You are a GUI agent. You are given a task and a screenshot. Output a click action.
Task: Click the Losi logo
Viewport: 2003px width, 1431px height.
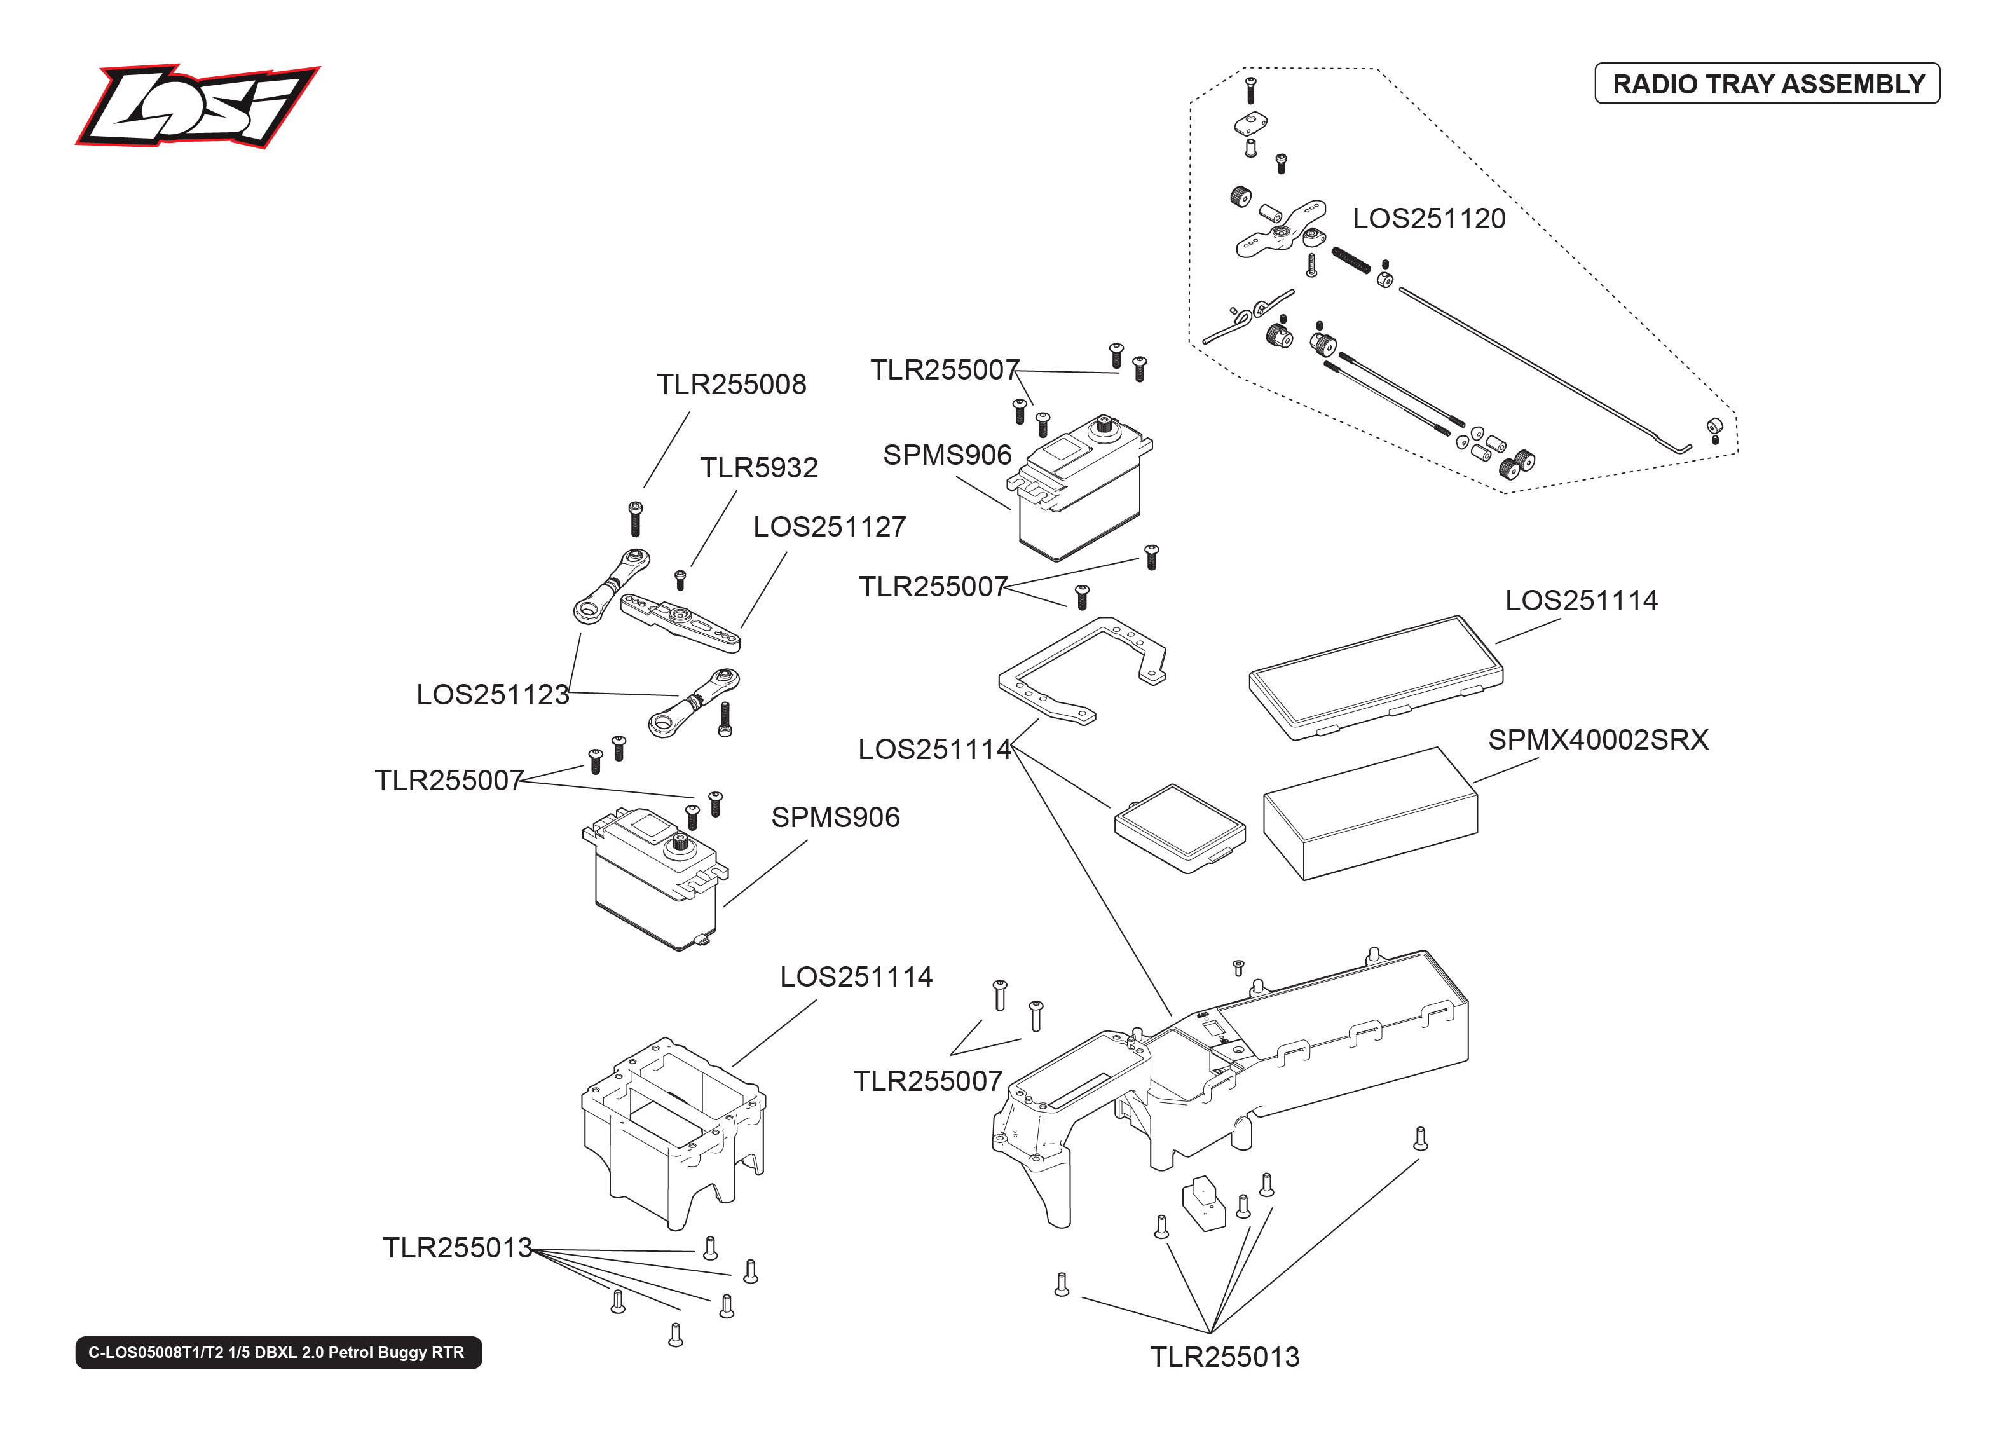click(197, 107)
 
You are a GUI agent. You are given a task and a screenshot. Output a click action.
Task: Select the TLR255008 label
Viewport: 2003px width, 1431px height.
click(730, 384)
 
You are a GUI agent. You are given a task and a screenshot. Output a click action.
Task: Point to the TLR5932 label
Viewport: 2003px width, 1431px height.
click(758, 467)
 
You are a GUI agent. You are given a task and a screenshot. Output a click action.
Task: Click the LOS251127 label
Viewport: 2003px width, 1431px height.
click(828, 526)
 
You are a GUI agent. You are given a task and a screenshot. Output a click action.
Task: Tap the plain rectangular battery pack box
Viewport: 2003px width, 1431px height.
click(1370, 815)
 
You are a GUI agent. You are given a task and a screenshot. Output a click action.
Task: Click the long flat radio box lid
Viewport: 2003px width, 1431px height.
click(1374, 677)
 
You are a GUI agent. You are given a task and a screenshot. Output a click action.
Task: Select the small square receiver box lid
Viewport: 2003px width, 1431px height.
click(1179, 828)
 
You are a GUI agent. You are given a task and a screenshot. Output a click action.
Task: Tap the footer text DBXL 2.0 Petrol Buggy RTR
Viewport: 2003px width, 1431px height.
click(277, 1352)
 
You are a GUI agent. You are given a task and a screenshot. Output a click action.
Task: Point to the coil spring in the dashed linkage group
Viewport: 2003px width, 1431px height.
click(1350, 261)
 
